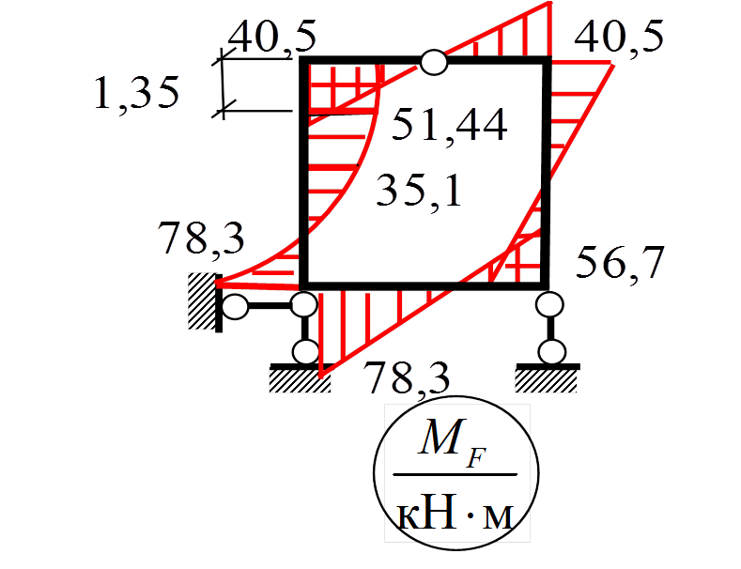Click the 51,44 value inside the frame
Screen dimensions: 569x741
pos(449,125)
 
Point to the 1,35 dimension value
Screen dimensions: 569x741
pos(136,94)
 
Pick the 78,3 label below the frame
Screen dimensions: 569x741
pos(407,378)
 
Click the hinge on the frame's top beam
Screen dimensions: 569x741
pos(433,62)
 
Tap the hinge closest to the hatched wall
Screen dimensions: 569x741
pos(236,306)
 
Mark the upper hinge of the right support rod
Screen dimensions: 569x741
pos(549,304)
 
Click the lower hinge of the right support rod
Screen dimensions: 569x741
pos(552,352)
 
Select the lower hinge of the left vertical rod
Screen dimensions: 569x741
pos(305,352)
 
